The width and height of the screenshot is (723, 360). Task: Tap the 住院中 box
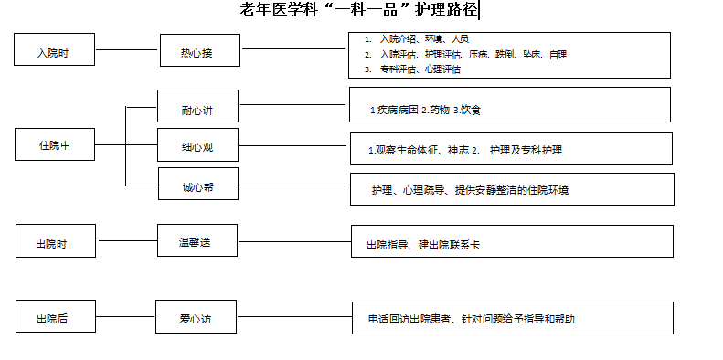tap(54, 144)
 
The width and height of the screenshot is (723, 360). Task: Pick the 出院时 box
tap(53, 245)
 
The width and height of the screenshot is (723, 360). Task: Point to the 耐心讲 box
tap(197, 110)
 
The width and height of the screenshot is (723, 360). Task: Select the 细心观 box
tap(197, 145)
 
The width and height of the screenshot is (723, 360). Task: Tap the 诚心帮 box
tap(197, 187)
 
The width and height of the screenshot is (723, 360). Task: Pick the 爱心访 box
tap(195, 319)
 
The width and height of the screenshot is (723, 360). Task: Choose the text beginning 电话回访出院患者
tap(471, 319)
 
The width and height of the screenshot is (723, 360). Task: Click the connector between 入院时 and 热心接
tap(127, 49)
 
